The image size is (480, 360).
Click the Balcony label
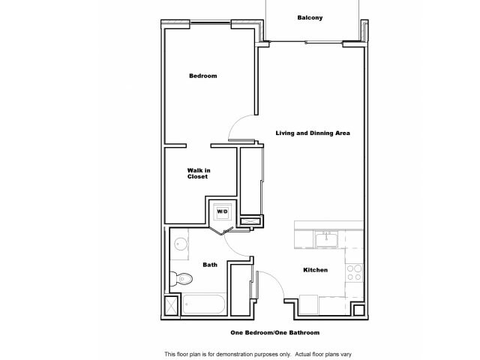coord(310,17)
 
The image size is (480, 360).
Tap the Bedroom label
coord(202,76)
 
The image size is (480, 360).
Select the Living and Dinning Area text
coord(313,133)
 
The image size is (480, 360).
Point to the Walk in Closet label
coord(199,173)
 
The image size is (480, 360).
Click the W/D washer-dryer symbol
coord(222,212)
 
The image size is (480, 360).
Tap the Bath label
coord(211,265)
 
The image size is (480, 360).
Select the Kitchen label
coord(315,270)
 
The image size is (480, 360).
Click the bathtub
coord(203,306)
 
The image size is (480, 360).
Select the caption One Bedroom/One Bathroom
coord(274,332)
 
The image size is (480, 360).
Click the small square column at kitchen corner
coord(358,310)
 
